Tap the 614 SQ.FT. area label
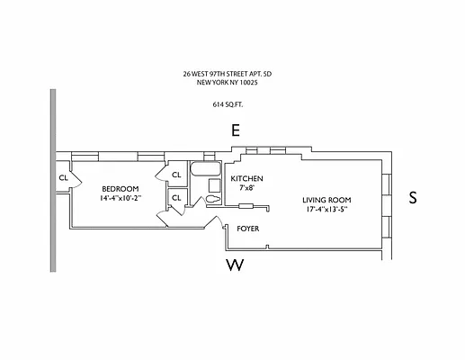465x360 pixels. pos(233,103)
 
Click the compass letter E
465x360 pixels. pos(236,131)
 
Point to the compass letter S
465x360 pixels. pos(413,198)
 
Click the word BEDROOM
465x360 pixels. pos(119,188)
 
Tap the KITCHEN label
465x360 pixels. pos(247,178)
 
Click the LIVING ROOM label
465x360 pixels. pos(326,200)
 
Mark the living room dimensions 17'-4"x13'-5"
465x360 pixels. pos(326,211)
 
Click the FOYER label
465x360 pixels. pos(248,229)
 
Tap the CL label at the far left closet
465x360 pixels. pos(63,178)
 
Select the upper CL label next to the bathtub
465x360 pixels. pos(176,175)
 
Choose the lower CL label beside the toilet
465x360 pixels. pos(176,197)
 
